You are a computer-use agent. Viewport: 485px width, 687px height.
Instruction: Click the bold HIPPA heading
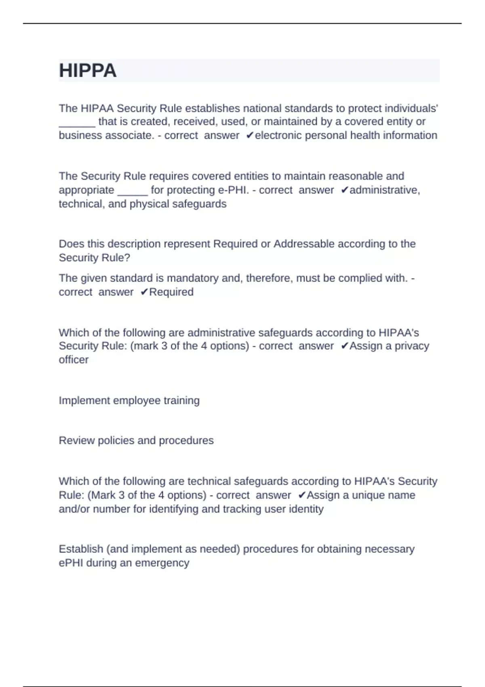(88, 71)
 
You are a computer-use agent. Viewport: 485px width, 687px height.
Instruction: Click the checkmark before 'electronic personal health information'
(249, 135)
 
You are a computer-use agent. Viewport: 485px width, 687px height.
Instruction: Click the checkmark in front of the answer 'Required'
(144, 292)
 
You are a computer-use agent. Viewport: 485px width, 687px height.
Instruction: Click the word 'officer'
(74, 360)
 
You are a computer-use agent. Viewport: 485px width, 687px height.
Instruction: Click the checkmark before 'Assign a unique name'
(302, 495)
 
